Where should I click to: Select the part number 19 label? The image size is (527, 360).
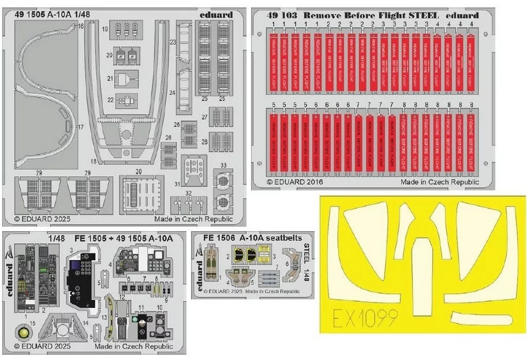pyautogui.click(x=104, y=30)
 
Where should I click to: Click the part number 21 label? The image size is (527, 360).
pyautogui.click(x=110, y=78)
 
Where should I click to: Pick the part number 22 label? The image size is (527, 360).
pyautogui.click(x=110, y=99)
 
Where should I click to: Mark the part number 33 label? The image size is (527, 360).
pyautogui.click(x=223, y=165)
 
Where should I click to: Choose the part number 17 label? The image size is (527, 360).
pyautogui.click(x=80, y=127)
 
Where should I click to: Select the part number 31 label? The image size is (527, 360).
pyautogui.click(x=177, y=184)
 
